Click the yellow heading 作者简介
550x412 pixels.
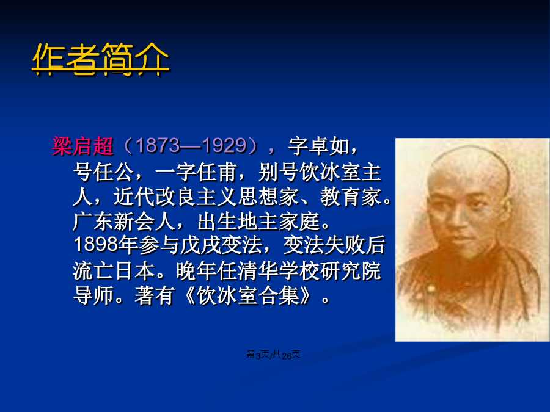click(101, 59)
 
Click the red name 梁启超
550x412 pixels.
click(82, 146)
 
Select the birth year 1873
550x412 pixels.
click(158, 145)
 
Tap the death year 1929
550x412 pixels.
click(224, 145)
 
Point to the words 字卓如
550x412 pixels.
click(319, 146)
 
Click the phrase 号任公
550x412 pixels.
click(103, 172)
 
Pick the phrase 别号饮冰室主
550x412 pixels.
click(320, 172)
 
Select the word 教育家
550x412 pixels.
click(350, 197)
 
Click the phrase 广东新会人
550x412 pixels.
click(124, 222)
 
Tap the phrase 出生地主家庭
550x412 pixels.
click(259, 222)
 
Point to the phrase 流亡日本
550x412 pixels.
click(114, 271)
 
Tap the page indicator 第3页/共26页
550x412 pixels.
click(273, 355)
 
